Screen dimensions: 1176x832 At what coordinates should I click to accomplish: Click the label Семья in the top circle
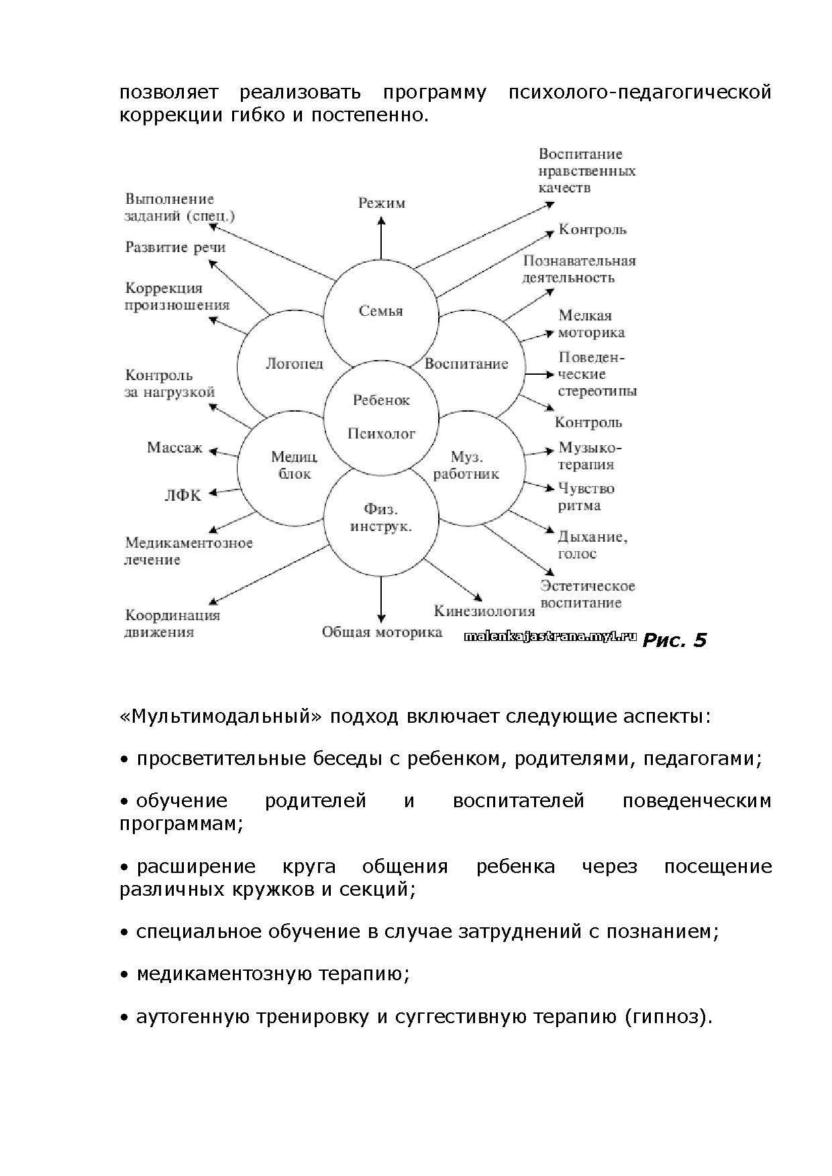(380, 311)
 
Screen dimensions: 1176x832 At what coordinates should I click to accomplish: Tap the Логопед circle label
(295, 364)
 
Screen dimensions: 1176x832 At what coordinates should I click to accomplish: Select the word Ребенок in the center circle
(381, 400)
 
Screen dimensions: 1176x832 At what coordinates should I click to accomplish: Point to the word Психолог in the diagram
(381, 434)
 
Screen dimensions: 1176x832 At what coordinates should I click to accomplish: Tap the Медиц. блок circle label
(294, 465)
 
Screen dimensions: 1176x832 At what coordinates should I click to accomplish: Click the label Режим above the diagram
(381, 203)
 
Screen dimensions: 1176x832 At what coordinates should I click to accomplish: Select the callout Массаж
(174, 447)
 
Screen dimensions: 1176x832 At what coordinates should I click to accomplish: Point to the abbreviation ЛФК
(183, 496)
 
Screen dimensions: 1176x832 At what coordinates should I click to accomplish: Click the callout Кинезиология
(484, 611)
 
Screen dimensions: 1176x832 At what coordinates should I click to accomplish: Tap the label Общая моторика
(382, 632)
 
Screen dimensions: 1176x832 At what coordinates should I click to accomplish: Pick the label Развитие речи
(175, 247)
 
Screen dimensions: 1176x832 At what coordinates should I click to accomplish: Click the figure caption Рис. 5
(674, 640)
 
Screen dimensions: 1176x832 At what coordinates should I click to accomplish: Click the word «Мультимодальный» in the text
(221, 717)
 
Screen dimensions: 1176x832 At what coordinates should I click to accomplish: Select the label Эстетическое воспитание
(588, 594)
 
